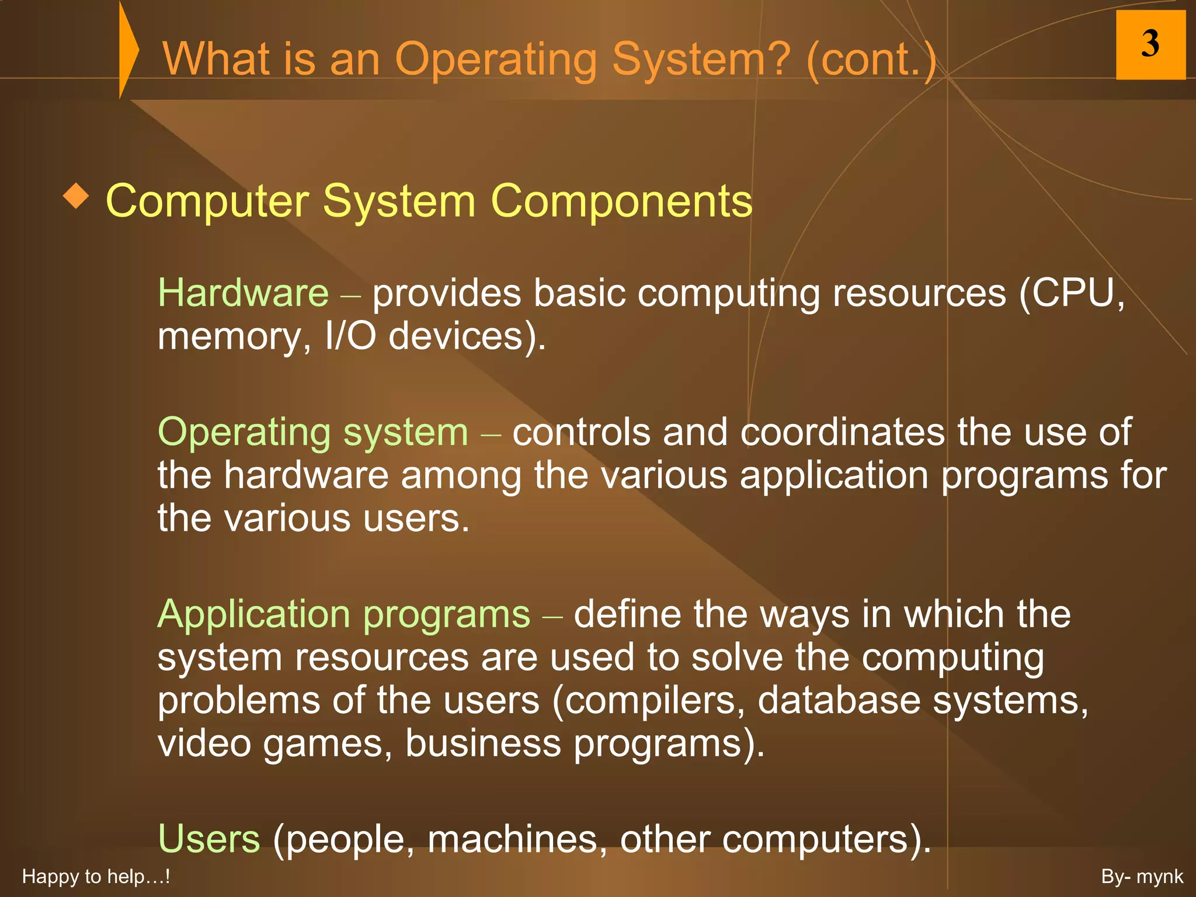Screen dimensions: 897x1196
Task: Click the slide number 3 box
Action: tap(1150, 44)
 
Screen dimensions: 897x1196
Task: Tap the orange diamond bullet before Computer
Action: tap(76, 196)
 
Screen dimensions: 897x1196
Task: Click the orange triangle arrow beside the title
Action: tap(128, 50)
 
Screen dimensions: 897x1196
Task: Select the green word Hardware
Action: tap(243, 293)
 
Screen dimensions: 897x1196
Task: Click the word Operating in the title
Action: tap(496, 59)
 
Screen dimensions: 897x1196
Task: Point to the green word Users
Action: tap(208, 839)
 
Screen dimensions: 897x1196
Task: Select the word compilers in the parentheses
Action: tap(648, 700)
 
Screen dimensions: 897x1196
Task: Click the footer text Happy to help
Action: tap(95, 877)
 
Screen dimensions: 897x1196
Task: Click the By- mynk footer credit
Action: tap(1142, 877)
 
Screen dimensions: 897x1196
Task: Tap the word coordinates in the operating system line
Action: tap(842, 432)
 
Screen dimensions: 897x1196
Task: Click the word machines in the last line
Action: tap(513, 839)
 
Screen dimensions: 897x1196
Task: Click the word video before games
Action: tap(204, 743)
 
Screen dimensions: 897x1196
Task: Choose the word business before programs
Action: tap(483, 743)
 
